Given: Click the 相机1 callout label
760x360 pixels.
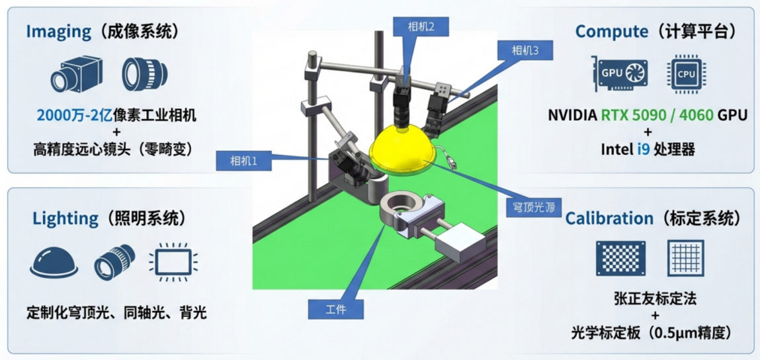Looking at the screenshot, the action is (244, 161).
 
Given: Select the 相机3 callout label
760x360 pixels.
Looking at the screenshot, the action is (525, 50).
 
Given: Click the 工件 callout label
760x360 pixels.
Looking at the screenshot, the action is (336, 308).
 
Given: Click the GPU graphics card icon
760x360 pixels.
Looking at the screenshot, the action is (619, 73).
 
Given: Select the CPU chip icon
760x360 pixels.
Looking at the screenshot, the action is (687, 73).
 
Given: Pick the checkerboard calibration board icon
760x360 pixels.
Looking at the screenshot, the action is (620, 257).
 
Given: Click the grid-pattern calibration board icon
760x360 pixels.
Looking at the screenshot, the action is (685, 257).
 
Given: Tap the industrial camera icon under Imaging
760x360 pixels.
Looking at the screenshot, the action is (77, 73).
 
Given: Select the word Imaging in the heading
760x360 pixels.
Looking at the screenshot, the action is (59, 32).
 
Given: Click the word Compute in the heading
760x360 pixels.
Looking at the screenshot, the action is (612, 32).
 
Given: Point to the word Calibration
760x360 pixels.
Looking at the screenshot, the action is (609, 218).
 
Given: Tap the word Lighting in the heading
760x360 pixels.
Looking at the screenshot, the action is (65, 219).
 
